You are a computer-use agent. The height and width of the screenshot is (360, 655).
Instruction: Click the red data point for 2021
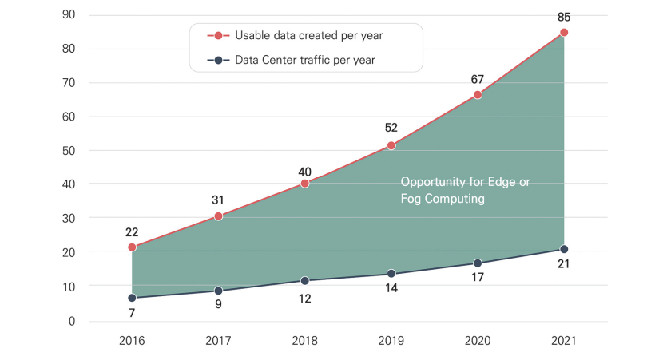(x=564, y=33)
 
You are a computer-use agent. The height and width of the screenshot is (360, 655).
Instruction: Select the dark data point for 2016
(x=132, y=298)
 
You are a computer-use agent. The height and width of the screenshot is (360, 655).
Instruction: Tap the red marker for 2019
(x=391, y=145)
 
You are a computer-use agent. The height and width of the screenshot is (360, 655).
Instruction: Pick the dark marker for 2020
(x=478, y=263)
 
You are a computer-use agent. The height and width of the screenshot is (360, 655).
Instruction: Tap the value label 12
(x=305, y=299)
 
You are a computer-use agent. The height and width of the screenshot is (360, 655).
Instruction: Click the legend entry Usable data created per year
(x=307, y=35)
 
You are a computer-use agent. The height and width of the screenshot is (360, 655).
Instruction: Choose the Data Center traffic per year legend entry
(x=304, y=60)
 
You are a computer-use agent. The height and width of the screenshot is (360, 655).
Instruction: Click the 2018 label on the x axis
(x=305, y=341)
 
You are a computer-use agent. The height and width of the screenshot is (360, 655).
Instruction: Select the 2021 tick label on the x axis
(x=564, y=341)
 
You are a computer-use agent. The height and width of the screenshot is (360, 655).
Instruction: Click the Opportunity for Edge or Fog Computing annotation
(x=465, y=191)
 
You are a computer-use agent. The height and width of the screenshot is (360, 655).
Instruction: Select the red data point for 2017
(x=218, y=216)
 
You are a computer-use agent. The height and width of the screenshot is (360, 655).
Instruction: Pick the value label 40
(x=305, y=171)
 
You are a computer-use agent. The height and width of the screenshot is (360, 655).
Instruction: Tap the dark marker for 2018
(x=305, y=281)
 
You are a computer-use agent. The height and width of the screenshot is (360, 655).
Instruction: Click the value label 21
(x=564, y=265)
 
